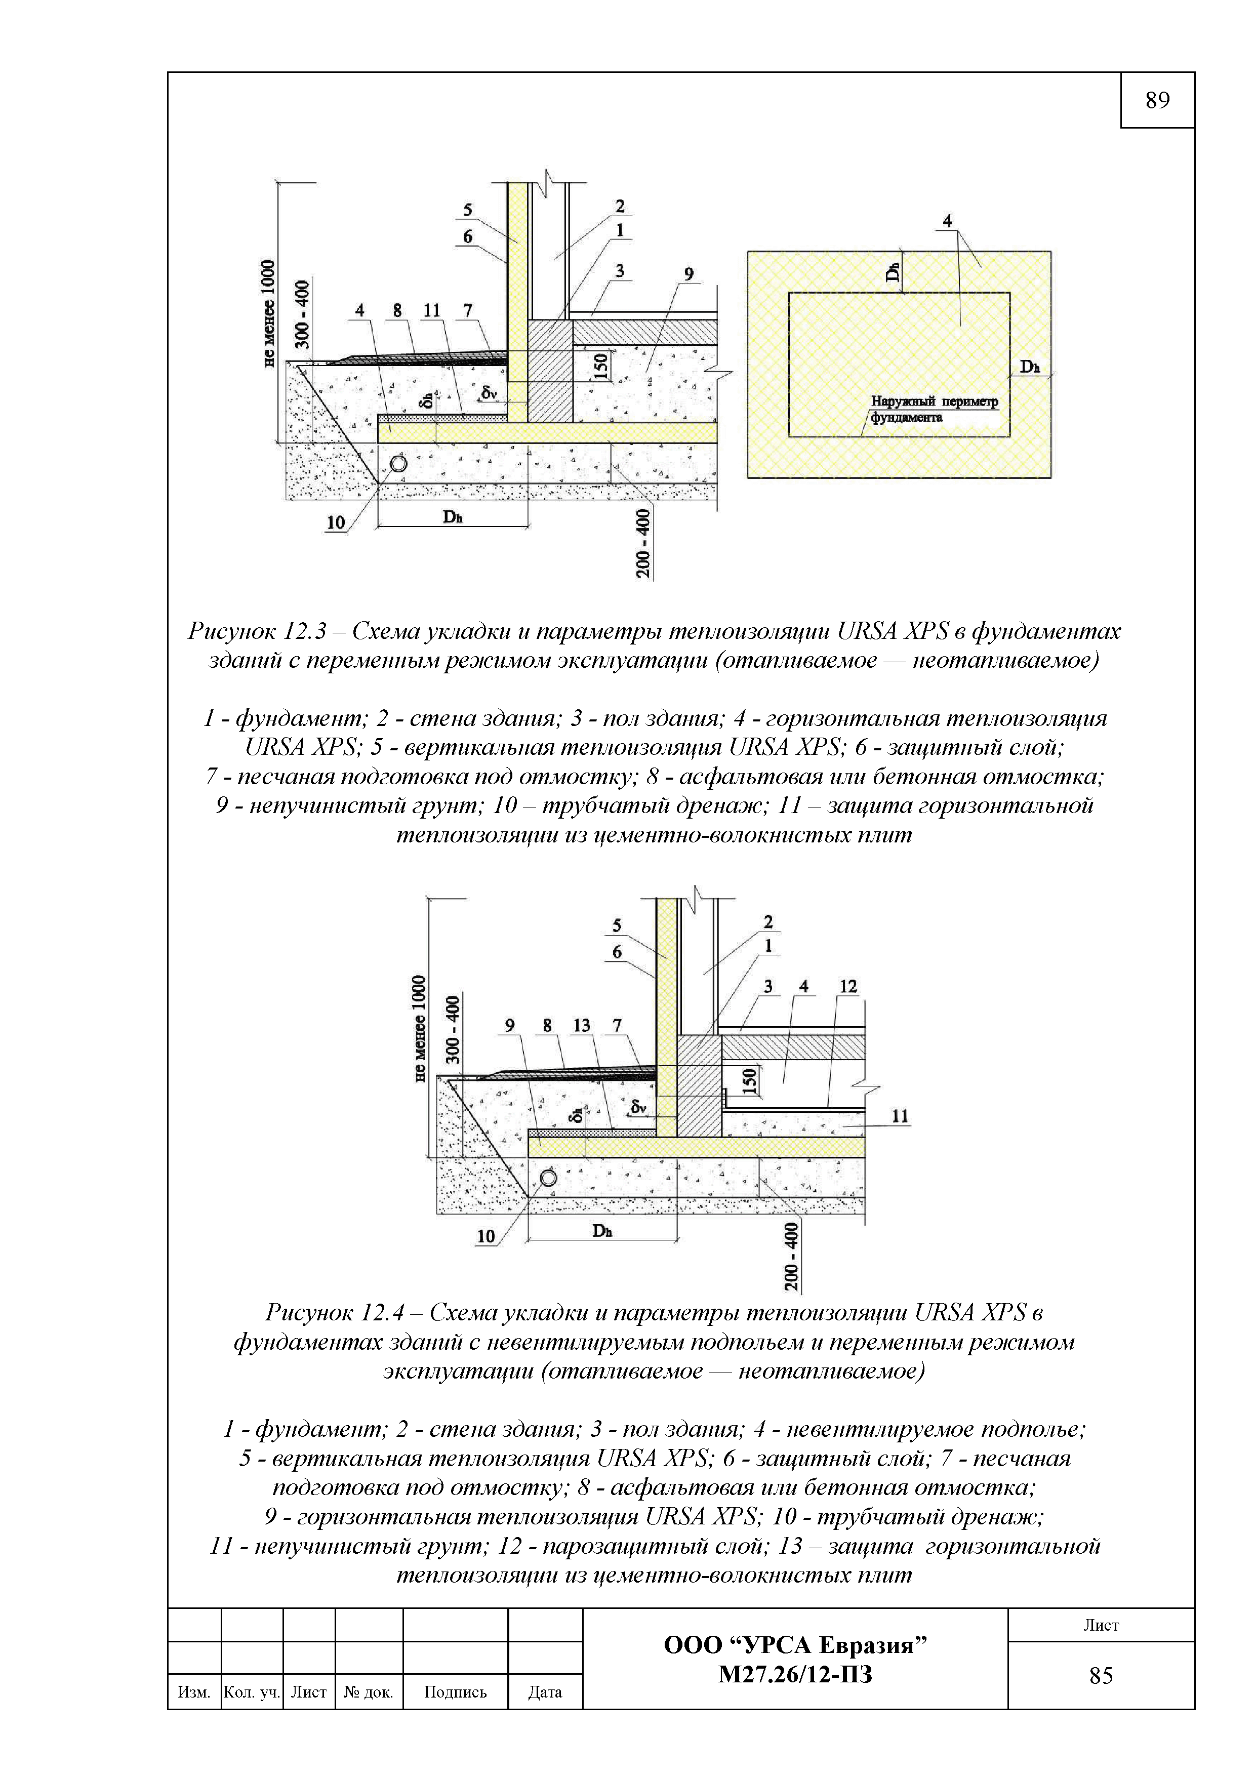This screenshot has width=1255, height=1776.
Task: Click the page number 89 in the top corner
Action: pyautogui.click(x=1157, y=101)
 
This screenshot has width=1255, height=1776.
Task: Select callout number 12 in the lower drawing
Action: pyautogui.click(x=848, y=986)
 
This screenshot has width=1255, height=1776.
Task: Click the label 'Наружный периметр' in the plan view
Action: pyautogui.click(x=934, y=401)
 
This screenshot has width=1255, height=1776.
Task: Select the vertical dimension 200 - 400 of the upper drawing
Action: pyautogui.click(x=643, y=543)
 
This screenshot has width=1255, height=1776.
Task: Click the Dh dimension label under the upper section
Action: pyautogui.click(x=453, y=517)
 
